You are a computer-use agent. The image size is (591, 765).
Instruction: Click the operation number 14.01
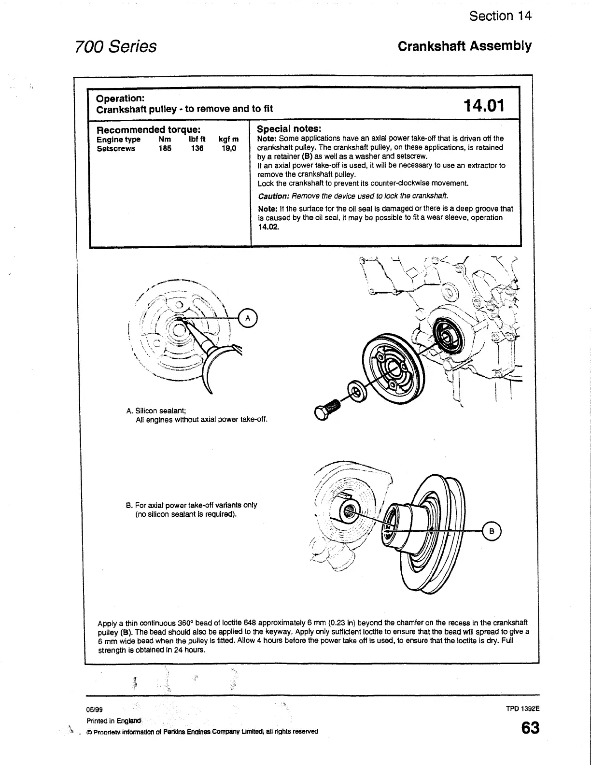coord(483,105)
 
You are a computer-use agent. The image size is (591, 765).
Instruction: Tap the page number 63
coord(530,728)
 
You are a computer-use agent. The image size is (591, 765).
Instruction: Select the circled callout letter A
coord(248,318)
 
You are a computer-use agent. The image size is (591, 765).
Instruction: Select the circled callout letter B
coord(492,531)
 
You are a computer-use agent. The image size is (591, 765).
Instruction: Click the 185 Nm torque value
coord(165,148)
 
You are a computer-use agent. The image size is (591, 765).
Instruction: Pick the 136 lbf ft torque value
coord(197,148)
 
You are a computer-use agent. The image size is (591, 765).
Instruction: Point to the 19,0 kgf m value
coord(228,148)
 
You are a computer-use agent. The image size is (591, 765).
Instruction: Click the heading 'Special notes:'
coord(289,129)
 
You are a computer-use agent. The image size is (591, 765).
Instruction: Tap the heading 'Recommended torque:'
coord(149,130)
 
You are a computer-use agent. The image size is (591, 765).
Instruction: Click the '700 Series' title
coord(116,46)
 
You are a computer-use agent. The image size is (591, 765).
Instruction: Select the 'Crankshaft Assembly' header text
coord(464,46)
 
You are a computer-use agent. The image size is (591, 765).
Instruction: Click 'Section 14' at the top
coord(500,16)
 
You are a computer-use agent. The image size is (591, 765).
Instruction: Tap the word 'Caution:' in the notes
coord(273,196)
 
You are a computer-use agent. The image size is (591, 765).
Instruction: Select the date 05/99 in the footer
coord(95,709)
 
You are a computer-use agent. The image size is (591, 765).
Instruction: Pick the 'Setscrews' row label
coord(116,148)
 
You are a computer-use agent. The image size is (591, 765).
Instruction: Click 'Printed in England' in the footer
coord(113,721)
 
